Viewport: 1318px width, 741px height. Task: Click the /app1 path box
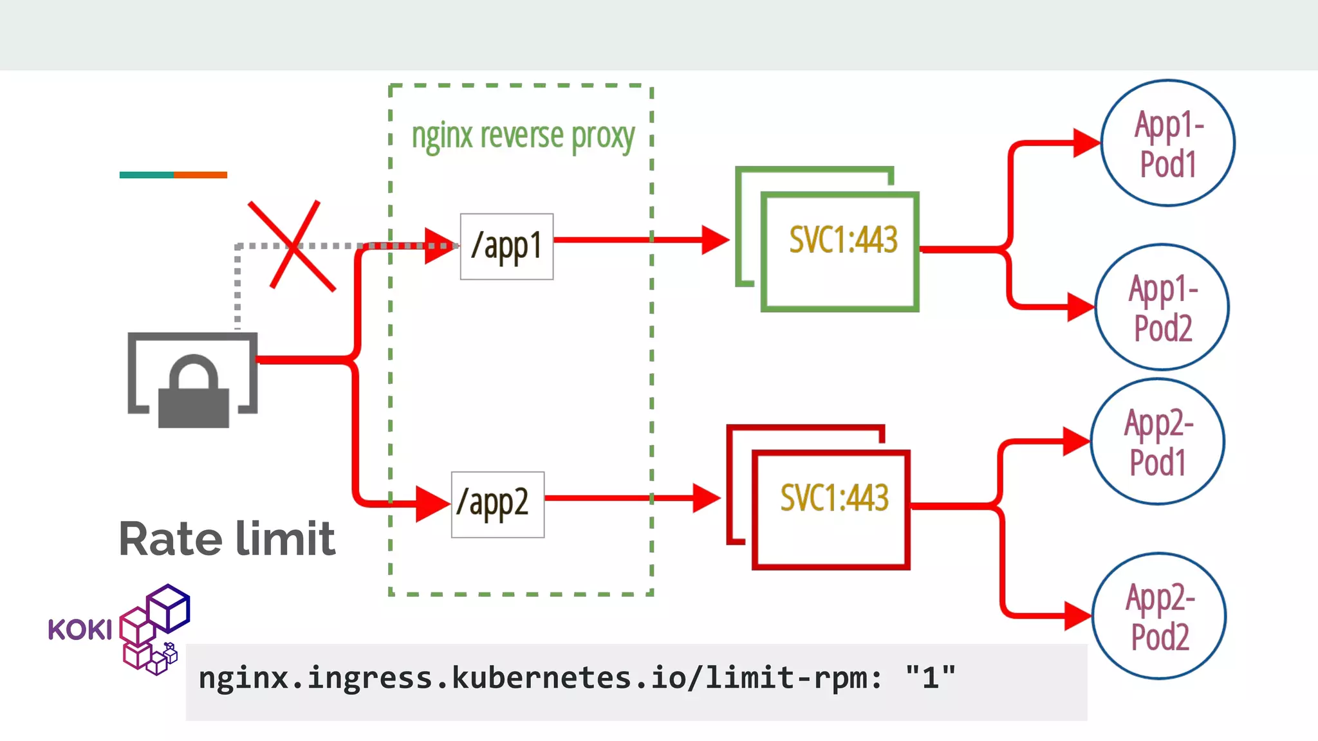pyautogui.click(x=506, y=246)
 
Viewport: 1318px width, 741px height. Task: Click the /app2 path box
pyautogui.click(x=497, y=504)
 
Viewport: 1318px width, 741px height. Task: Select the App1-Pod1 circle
pyautogui.click(x=1167, y=143)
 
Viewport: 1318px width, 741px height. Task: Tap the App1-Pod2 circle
pyautogui.click(x=1162, y=307)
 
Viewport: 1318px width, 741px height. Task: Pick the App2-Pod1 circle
pyautogui.click(x=1157, y=442)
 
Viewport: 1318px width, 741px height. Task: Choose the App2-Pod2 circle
pyautogui.click(x=1159, y=616)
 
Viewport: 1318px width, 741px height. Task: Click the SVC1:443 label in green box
pyautogui.click(x=842, y=240)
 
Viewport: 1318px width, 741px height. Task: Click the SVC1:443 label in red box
pyautogui.click(x=834, y=498)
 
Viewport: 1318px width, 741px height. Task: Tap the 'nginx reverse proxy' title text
pyautogui.click(x=523, y=136)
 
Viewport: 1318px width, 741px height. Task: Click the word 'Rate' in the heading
pyautogui.click(x=170, y=539)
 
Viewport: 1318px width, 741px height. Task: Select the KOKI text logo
pyautogui.click(x=80, y=630)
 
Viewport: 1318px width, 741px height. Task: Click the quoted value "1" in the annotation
pyautogui.click(x=930, y=678)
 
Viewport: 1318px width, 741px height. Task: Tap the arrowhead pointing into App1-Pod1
pyautogui.click(x=1086, y=143)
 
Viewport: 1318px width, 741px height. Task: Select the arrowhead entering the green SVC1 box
pyautogui.click(x=714, y=240)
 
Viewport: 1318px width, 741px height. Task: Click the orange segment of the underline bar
pyautogui.click(x=200, y=175)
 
